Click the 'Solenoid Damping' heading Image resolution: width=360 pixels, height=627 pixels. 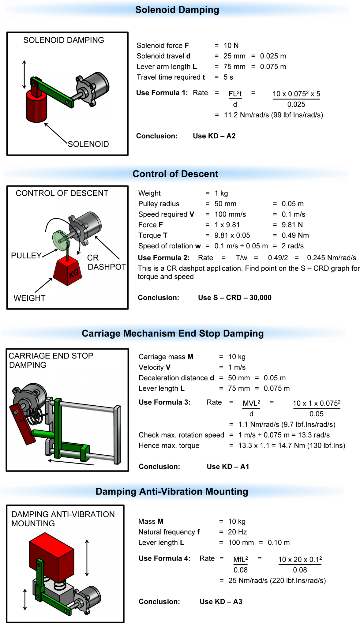click(177, 10)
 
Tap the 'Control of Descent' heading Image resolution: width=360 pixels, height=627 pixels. click(175, 174)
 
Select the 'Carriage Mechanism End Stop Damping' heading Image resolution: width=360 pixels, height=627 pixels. click(173, 333)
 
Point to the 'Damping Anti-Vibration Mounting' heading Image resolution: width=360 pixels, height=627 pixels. click(172, 491)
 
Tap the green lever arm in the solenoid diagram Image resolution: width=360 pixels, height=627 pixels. click(54, 92)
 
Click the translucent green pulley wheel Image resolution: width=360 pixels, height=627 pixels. click(61, 240)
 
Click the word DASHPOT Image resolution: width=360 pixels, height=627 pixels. click(107, 267)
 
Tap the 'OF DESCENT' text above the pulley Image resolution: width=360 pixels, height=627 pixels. click(82, 193)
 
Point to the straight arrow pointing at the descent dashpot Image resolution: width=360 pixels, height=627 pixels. click(107, 248)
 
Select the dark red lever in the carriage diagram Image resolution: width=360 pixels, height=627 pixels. click(22, 424)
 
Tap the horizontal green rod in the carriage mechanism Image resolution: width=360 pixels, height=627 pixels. click(43, 434)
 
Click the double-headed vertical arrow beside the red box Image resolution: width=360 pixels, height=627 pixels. click(87, 558)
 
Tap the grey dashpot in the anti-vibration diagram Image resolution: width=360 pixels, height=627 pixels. click(89, 597)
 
